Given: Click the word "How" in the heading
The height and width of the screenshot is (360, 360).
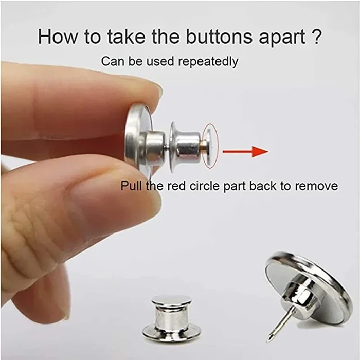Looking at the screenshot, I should (x=57, y=37).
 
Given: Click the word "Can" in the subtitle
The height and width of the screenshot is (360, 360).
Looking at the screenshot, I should (x=112, y=61).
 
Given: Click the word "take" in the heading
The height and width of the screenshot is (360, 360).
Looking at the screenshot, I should (x=110, y=37).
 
